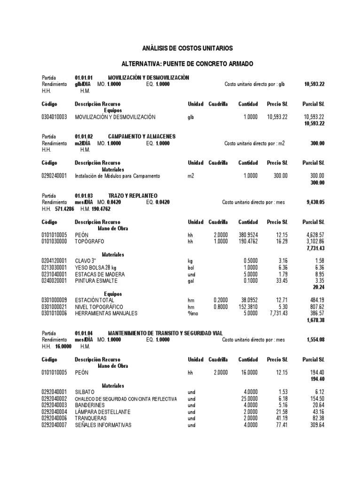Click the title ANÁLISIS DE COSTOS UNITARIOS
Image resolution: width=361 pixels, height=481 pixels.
pos(188,48)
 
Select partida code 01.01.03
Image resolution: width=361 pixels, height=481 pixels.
pos(84,195)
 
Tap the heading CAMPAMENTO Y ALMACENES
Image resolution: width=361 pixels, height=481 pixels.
pos(141,137)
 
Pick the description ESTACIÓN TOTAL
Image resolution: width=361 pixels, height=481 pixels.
pos(94,300)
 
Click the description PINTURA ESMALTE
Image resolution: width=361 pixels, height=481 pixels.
pos(95,280)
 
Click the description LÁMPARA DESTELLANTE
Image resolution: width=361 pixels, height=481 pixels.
pos(103,412)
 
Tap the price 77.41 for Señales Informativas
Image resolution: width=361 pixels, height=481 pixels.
pos(282,425)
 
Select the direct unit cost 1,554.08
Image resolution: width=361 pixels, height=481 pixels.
pos(315,339)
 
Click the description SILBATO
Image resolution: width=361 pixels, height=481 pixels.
pos(85,392)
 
